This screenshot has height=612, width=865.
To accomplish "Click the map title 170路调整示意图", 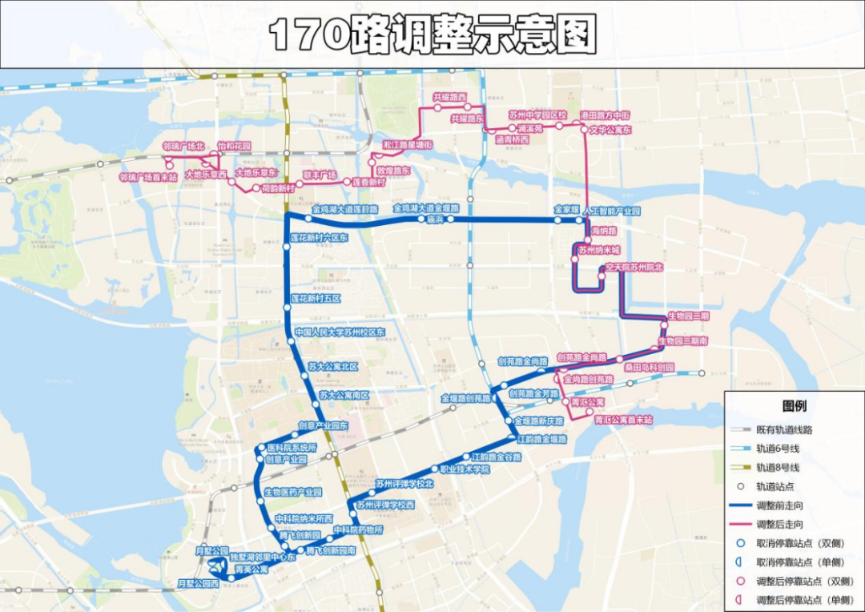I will click(432, 34).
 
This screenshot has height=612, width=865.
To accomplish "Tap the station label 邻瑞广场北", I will click(183, 147).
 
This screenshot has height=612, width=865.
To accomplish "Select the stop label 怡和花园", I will click(234, 147).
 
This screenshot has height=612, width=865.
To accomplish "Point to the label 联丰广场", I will click(320, 175).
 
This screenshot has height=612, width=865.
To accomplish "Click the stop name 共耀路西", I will click(449, 96).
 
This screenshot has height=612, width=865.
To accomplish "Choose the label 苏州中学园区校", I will click(537, 115).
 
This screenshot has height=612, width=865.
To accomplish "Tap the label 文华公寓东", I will click(610, 129).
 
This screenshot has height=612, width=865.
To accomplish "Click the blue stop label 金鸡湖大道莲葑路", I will click(345, 208).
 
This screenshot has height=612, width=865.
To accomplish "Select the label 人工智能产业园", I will click(612, 211).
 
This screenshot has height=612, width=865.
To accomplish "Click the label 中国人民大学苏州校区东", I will click(340, 332).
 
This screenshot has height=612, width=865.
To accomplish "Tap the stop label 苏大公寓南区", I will click(344, 395).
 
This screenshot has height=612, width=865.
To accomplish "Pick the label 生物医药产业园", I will click(292, 492).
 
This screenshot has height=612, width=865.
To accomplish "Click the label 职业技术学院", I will click(465, 469).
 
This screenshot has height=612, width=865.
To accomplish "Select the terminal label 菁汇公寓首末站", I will click(623, 419).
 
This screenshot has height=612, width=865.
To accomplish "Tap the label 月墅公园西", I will click(198, 584).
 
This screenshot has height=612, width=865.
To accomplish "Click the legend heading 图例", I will click(794, 406).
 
